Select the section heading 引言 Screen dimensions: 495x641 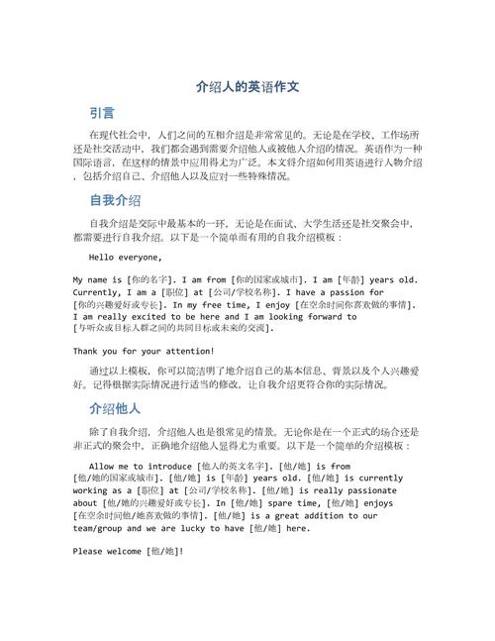101,112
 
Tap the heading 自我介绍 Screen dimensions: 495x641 115,199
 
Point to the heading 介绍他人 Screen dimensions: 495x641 115,407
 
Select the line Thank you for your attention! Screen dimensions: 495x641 144,351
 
